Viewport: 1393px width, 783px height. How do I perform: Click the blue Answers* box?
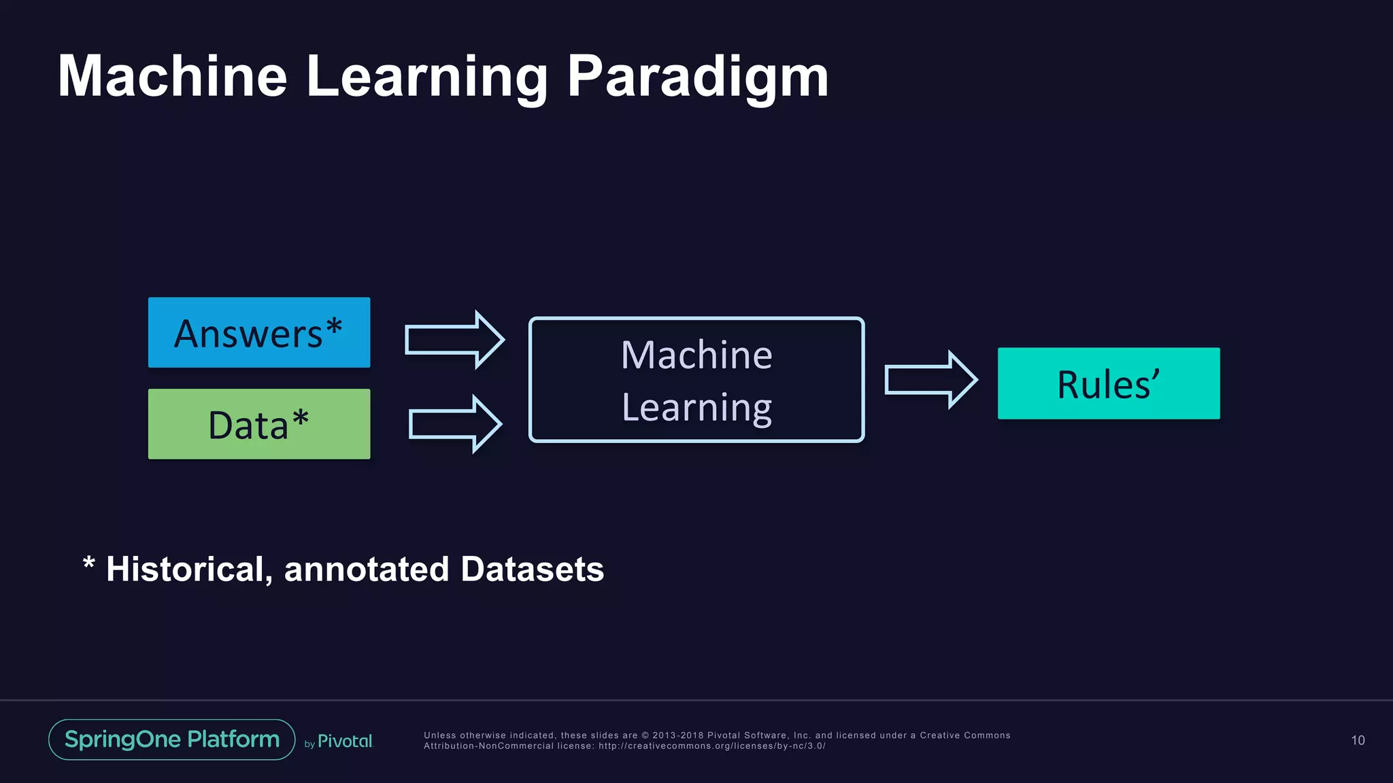pyautogui.click(x=258, y=332)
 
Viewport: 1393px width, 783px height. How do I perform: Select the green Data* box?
pyautogui.click(x=258, y=424)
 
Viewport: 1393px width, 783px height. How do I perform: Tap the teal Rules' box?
pyautogui.click(x=1108, y=383)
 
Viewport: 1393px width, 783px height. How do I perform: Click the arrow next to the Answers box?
pyautogui.click(x=454, y=339)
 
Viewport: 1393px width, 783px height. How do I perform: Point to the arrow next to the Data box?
pyautogui.click(x=454, y=424)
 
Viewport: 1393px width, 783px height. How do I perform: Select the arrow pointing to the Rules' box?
pyautogui.click(x=930, y=379)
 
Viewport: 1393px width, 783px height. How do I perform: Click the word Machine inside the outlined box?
pyautogui.click(x=696, y=355)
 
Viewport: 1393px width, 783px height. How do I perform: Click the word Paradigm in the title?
pyautogui.click(x=697, y=76)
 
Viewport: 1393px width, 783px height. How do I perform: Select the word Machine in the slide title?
pyautogui.click(x=172, y=76)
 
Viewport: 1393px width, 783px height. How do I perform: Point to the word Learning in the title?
pyautogui.click(x=426, y=76)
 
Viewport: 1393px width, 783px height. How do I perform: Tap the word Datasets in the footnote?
pyautogui.click(x=532, y=570)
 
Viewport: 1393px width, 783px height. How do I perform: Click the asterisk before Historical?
pyautogui.click(x=88, y=564)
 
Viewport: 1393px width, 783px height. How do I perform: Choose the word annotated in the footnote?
pyautogui.click(x=367, y=570)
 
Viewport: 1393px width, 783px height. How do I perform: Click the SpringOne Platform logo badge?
pyautogui.click(x=171, y=739)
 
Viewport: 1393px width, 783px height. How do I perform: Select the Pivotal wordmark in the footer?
pyautogui.click(x=345, y=741)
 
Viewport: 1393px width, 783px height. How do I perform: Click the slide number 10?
pyautogui.click(x=1358, y=740)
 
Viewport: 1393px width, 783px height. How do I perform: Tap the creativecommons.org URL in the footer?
pyautogui.click(x=711, y=746)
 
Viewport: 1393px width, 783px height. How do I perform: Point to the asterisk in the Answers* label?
pyautogui.click(x=333, y=326)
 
